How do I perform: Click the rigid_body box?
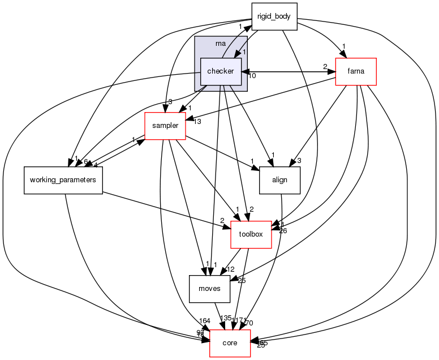tap(274, 16)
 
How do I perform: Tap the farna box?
tap(356, 71)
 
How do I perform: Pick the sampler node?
tap(166, 126)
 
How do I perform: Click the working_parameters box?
tap(63, 180)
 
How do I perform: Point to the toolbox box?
tap(251, 234)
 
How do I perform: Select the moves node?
tap(209, 289)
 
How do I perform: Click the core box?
tap(230, 343)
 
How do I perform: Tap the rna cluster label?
tap(221, 44)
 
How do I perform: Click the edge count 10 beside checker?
tap(252, 76)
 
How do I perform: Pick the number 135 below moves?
tap(226, 318)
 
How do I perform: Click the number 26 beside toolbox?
tap(283, 230)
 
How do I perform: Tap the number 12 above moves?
tap(231, 269)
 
